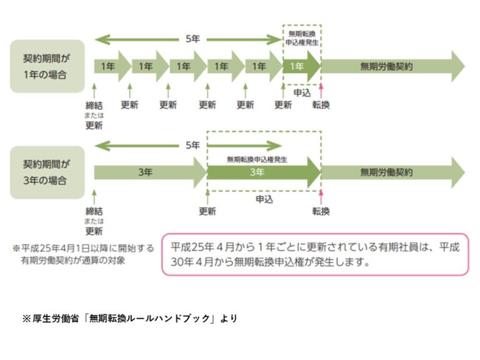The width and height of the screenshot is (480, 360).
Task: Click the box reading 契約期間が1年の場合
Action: pos(47,66)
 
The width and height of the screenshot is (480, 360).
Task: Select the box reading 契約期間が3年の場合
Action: pos(47,172)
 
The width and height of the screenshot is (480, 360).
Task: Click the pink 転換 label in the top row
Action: pos(321,105)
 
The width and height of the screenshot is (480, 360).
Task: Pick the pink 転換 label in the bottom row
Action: pos(321,211)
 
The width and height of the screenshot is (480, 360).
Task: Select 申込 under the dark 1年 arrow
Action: pos(302,92)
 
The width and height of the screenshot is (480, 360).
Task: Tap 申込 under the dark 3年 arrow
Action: pos(264,199)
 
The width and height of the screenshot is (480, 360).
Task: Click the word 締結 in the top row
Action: pos(94,105)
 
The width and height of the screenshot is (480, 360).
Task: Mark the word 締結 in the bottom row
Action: pos(94,211)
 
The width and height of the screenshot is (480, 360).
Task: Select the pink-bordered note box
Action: pos(315,254)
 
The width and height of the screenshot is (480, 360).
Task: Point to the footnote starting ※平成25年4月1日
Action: pos(82,254)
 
